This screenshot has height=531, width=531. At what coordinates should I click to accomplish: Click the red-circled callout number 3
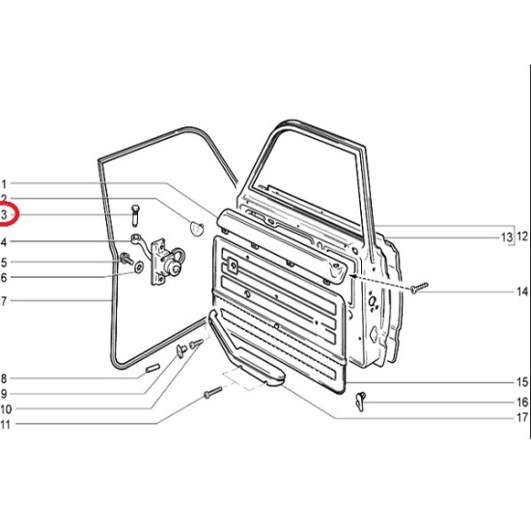click(x=4, y=214)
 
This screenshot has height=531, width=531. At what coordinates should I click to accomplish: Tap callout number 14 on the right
click(x=522, y=292)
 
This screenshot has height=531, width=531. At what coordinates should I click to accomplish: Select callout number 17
click(x=522, y=417)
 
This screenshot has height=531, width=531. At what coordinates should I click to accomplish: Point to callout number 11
click(x=5, y=425)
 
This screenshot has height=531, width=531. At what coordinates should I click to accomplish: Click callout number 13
click(x=507, y=238)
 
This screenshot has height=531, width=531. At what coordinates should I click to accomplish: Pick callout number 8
click(x=4, y=378)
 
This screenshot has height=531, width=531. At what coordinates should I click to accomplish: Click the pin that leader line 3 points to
click(x=135, y=215)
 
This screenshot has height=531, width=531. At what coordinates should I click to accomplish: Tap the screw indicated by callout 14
click(x=419, y=288)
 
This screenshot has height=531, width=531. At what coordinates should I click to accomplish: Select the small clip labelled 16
click(x=361, y=402)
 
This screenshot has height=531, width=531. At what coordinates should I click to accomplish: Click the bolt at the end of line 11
click(x=212, y=392)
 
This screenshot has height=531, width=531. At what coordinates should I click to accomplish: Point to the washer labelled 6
click(x=139, y=266)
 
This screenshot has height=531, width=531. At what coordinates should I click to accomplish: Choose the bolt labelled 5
click(x=126, y=259)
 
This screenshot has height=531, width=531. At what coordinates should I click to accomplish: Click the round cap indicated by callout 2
click(x=197, y=228)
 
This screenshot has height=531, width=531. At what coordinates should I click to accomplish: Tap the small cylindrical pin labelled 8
click(x=153, y=368)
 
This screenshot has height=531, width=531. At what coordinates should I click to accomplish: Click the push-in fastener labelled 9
click(x=182, y=350)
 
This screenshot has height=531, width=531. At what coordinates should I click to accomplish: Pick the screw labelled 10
click(x=196, y=344)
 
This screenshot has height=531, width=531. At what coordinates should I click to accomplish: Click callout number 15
click(x=522, y=382)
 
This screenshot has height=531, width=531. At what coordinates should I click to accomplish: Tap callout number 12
click(x=522, y=236)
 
